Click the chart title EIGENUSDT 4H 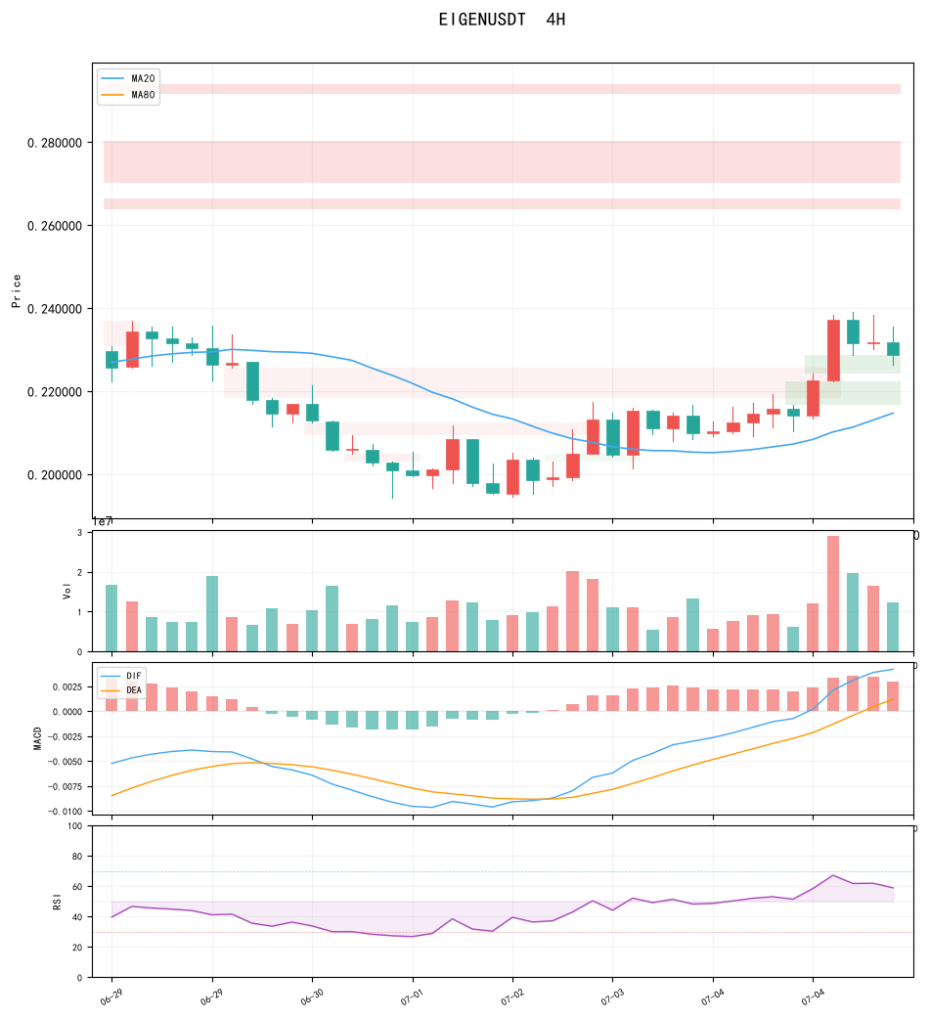(502, 20)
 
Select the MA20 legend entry (128, 78)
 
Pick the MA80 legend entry (128, 95)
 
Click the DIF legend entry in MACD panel (121, 676)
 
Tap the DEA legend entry (121, 690)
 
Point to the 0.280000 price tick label (55, 143)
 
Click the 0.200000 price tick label (55, 475)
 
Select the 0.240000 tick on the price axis (55, 309)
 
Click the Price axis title (17, 290)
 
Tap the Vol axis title (66, 591)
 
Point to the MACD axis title (37, 738)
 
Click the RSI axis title (57, 902)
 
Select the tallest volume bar (833, 594)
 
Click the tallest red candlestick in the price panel (833, 350)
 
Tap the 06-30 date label (312, 996)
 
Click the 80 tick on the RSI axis (77, 857)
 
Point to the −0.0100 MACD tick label (65, 812)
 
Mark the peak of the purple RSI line (833, 875)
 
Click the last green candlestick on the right (894, 349)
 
